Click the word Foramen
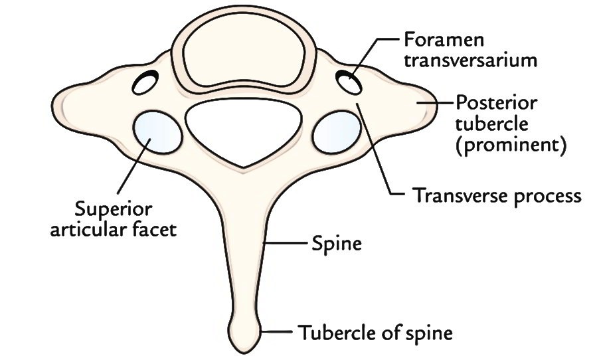coord(444,39)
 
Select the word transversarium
coord(470,60)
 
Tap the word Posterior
coord(497,103)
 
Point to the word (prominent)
coord(511,145)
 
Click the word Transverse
coord(460,195)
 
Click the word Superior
coord(113,209)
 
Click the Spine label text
coord(337,244)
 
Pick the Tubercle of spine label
coord(375,333)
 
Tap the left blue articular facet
coord(157,132)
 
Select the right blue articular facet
coord(337,132)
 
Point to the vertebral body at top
coord(244,55)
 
